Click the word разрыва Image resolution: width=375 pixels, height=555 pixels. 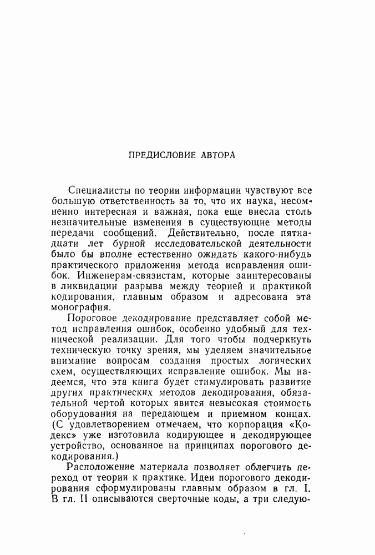(148, 286)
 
